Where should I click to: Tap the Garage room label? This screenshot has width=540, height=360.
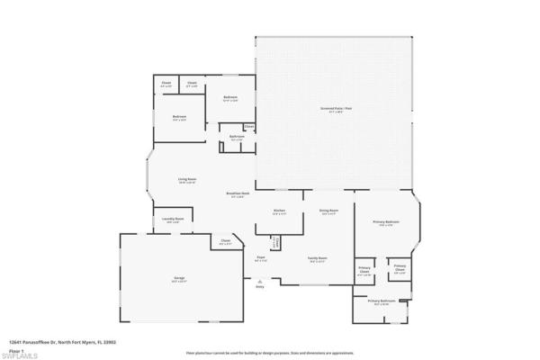click(179, 279)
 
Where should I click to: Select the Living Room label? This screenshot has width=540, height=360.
click(187, 180)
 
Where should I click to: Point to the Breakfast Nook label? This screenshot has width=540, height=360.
click(238, 194)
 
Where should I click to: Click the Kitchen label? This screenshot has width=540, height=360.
click(279, 211)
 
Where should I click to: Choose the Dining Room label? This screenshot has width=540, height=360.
click(328, 211)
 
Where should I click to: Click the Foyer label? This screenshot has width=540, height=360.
click(260, 258)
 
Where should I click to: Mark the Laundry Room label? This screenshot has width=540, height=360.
click(174, 220)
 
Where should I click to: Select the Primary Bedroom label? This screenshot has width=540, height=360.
click(387, 223)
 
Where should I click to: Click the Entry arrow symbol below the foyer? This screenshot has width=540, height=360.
click(260, 281)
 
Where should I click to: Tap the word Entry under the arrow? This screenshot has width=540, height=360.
click(260, 287)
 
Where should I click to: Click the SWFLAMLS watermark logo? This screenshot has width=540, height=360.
click(20, 355)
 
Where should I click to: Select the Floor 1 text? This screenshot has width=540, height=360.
click(15, 349)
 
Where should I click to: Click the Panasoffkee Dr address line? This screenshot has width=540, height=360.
click(63, 342)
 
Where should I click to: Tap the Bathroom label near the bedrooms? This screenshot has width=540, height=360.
click(236, 138)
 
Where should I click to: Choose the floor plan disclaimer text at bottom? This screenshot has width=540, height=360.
click(270, 342)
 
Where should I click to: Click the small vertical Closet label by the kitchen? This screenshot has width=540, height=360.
click(274, 241)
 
